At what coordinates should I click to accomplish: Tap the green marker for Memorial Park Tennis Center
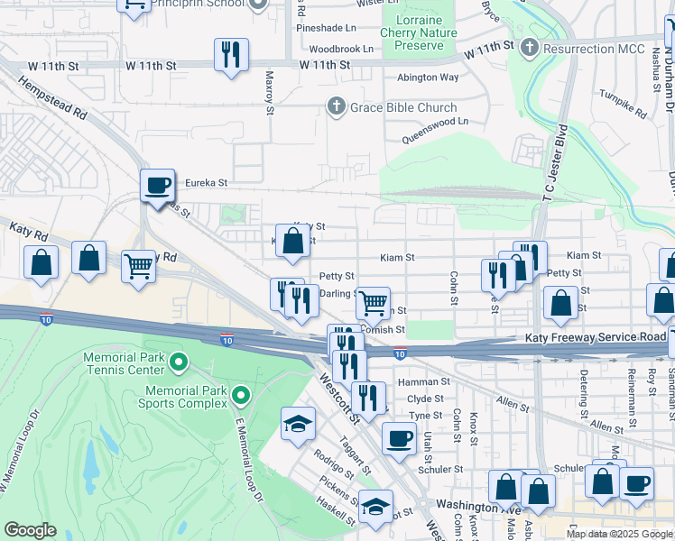coord(179,363)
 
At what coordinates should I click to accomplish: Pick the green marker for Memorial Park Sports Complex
coord(240,396)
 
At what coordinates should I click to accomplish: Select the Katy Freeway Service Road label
coord(596,336)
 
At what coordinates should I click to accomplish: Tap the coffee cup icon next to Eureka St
coord(157,186)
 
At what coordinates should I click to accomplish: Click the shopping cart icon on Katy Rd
coord(137,266)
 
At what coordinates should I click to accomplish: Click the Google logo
coord(30,530)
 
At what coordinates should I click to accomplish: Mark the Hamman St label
coord(430,382)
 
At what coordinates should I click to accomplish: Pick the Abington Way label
coord(429,78)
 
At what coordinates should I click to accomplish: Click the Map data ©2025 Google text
coord(618,534)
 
